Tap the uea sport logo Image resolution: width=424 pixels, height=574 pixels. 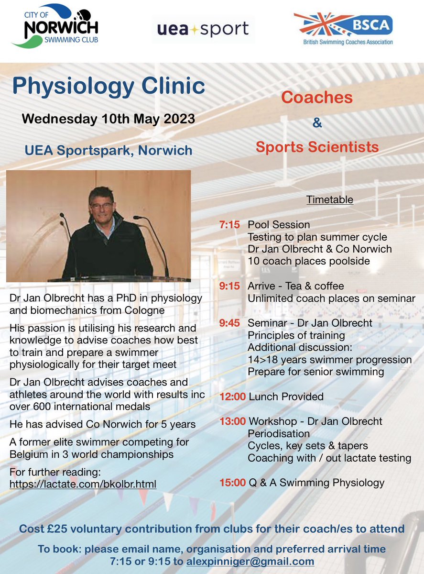[x=203, y=30]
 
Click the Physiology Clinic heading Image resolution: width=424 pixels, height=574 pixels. [x=109, y=86]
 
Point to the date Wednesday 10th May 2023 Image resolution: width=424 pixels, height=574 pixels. [x=109, y=119]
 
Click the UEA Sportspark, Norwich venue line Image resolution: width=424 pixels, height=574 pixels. [x=109, y=150]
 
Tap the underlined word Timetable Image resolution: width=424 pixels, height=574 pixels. [x=330, y=199]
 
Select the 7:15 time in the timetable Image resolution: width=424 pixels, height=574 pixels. [x=229, y=224]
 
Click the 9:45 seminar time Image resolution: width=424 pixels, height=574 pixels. [x=229, y=323]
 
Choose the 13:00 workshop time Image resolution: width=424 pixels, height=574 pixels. [x=232, y=421]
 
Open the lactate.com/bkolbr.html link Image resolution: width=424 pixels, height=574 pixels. [x=83, y=484]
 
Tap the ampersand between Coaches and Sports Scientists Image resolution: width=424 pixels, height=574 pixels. [x=317, y=122]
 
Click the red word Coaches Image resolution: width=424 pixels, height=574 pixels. [x=317, y=98]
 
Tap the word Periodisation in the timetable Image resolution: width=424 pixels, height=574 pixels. [x=279, y=434]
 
